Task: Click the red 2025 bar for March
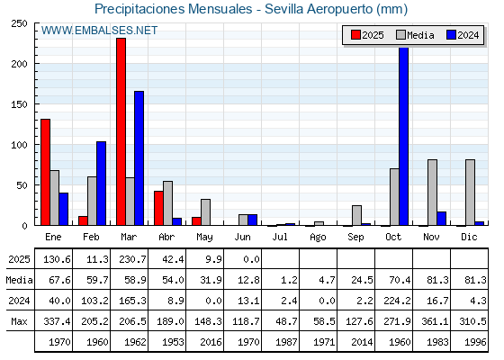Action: click(x=121, y=131)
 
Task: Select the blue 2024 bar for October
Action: click(x=404, y=136)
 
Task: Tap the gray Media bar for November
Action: click(x=432, y=193)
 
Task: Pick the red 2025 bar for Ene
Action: click(x=45, y=172)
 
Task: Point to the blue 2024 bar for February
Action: click(x=101, y=184)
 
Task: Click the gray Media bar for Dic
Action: click(x=470, y=193)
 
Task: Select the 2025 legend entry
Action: click(x=368, y=35)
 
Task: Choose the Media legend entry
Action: click(x=415, y=35)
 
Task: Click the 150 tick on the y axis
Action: click(x=19, y=104)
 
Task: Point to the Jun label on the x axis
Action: click(x=242, y=238)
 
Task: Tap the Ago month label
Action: click(x=318, y=238)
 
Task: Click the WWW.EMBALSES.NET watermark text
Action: click(x=99, y=31)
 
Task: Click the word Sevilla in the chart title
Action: click(x=283, y=9)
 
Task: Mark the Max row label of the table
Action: click(x=19, y=321)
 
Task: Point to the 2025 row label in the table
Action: click(x=19, y=259)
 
